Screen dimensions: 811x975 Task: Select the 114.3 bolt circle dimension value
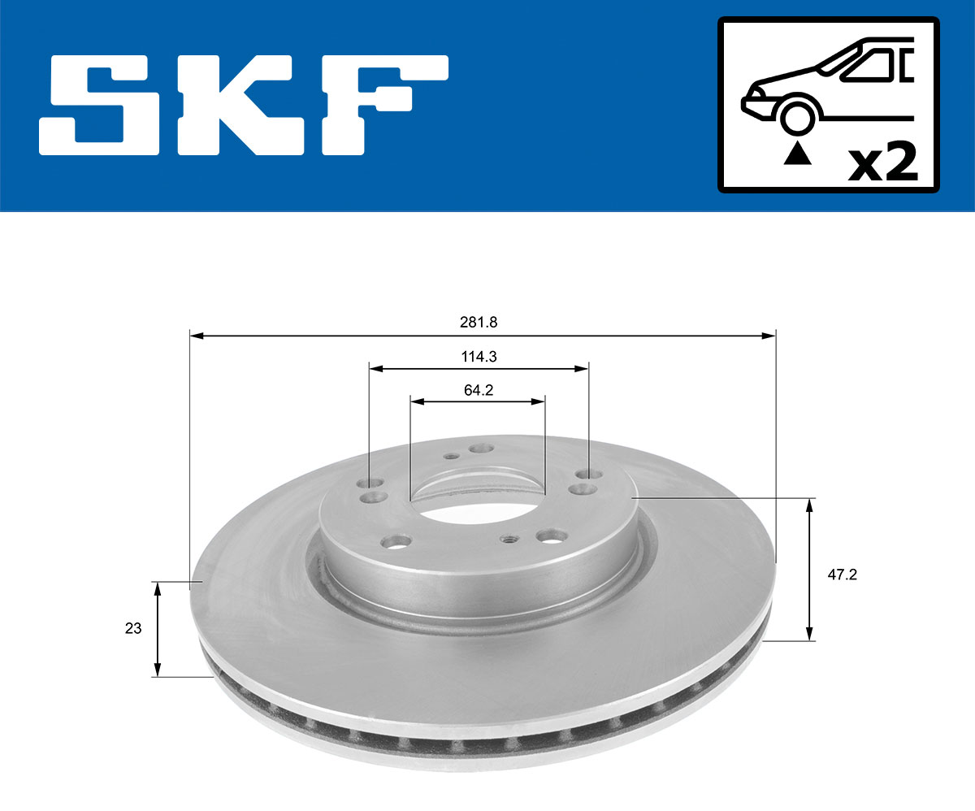[479, 356]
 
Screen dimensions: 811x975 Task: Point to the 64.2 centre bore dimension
[479, 390]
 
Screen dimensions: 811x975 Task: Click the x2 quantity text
[882, 163]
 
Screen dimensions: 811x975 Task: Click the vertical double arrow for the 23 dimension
[158, 628]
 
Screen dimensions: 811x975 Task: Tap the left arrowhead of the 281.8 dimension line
[196, 335]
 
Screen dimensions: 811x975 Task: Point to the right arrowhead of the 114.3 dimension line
[583, 369]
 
